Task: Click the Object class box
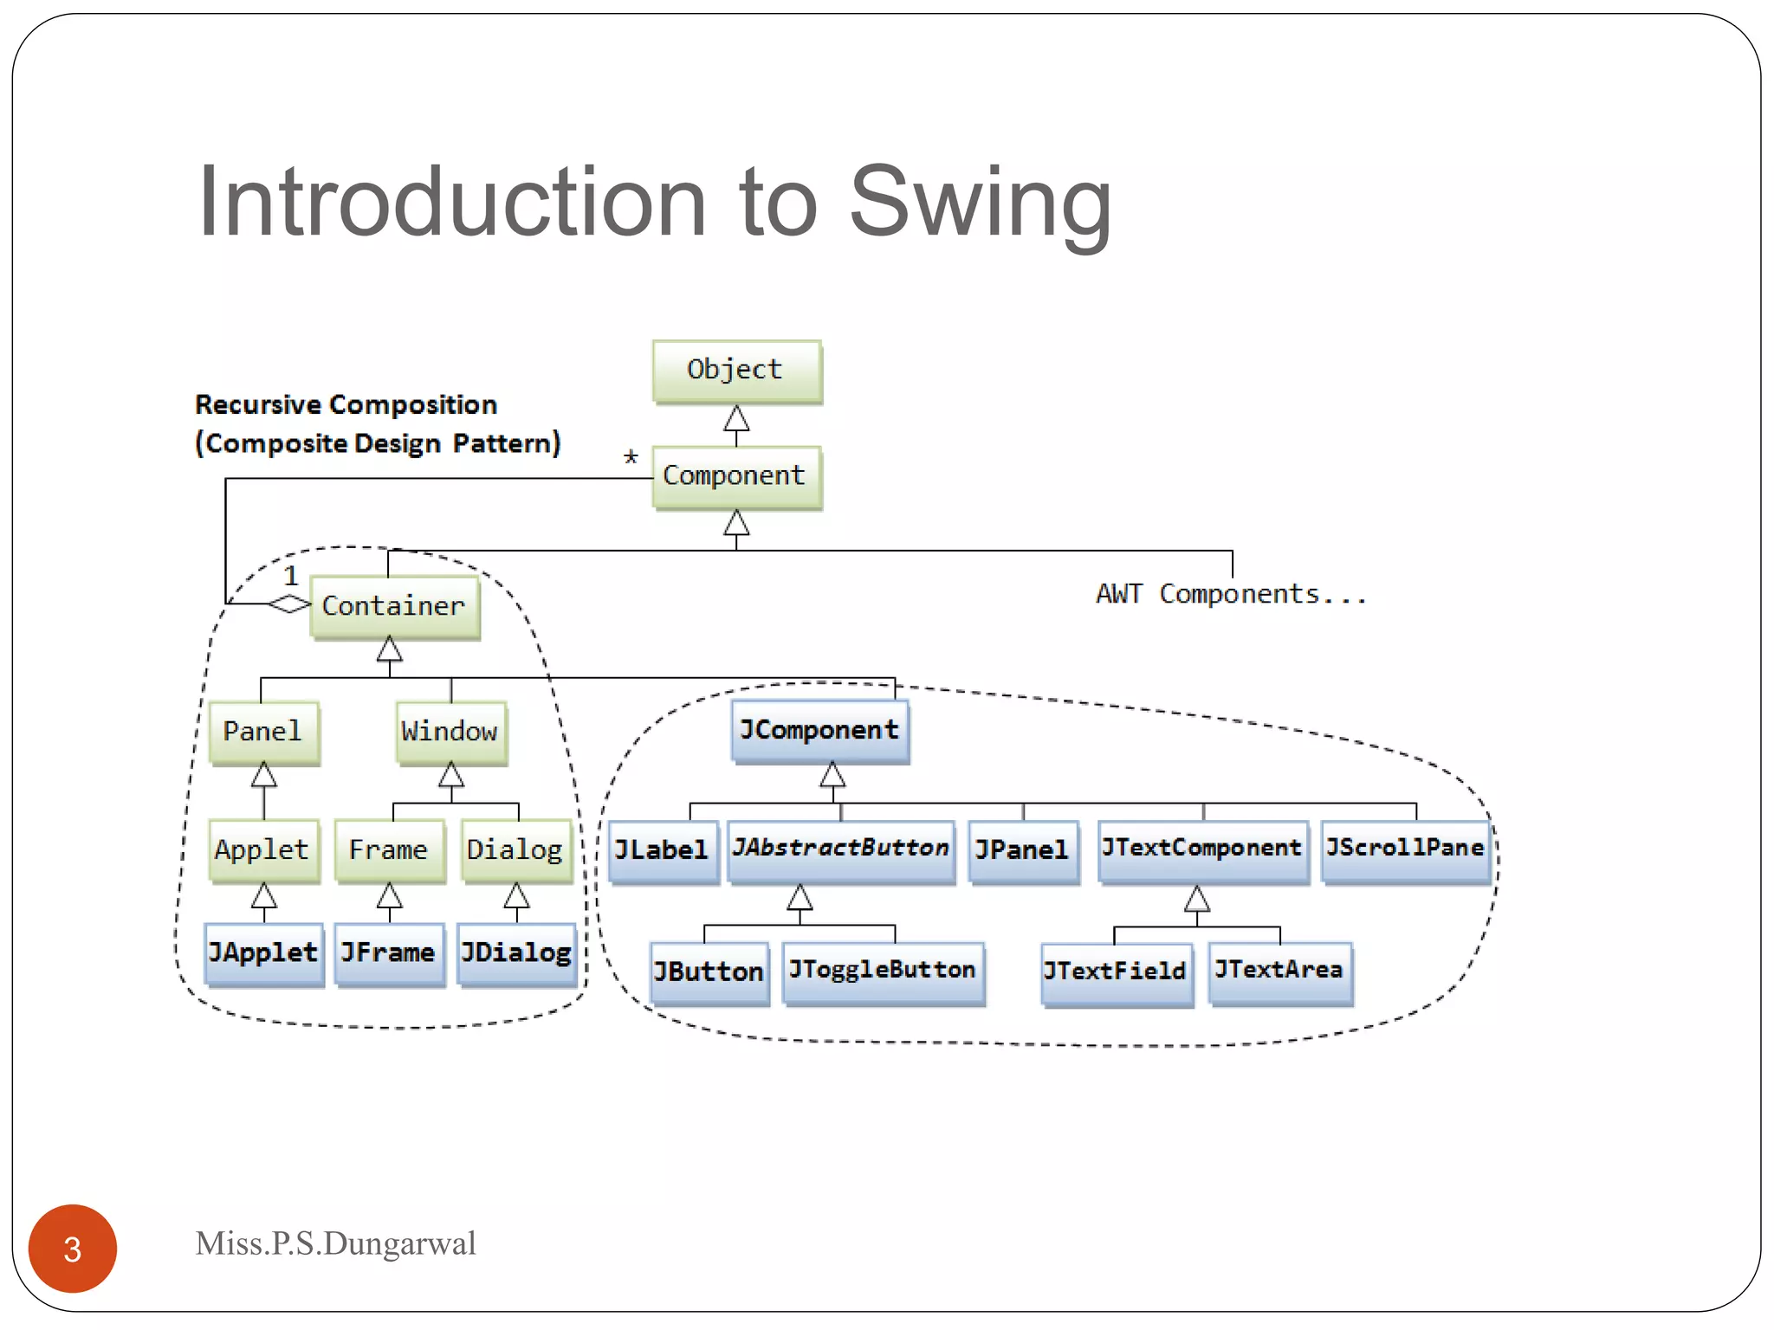736,371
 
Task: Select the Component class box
736,476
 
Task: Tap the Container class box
394,606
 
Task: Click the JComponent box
819,731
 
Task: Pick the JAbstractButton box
840,849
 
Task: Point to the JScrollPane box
1405,849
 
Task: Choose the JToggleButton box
883,972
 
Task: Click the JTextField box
1116,972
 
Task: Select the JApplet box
263,953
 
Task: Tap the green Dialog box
516,850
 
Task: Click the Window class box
450,732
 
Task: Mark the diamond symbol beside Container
289,604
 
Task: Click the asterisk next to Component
631,457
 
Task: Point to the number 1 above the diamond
291,576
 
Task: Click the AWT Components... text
1231,595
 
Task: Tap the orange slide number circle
73,1249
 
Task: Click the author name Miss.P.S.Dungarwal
335,1244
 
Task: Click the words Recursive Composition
346,405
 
